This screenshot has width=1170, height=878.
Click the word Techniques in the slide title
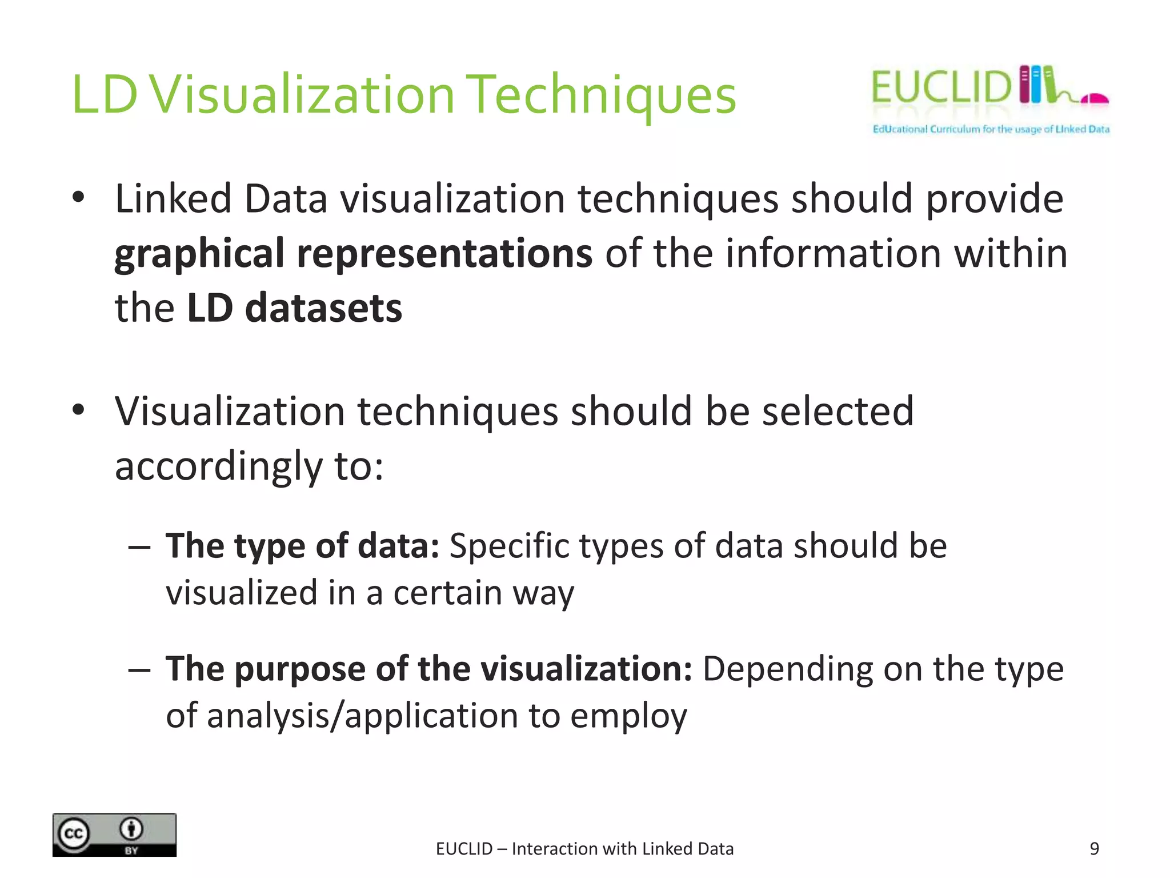click(x=603, y=95)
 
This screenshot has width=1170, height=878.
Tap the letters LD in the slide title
click(x=105, y=95)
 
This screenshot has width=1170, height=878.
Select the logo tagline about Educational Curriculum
click(x=991, y=129)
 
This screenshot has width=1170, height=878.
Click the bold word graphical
click(x=199, y=254)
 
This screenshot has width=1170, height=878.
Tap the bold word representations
click(x=444, y=254)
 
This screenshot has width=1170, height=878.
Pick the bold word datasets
click(x=323, y=308)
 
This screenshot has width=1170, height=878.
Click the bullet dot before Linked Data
click(x=79, y=198)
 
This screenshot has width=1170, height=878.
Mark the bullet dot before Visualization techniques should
click(x=79, y=410)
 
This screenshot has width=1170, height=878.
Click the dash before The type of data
click(x=139, y=547)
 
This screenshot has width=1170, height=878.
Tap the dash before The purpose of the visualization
click(x=139, y=669)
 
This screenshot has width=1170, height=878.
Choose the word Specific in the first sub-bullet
click(x=508, y=546)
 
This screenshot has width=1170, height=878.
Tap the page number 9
click(x=1094, y=849)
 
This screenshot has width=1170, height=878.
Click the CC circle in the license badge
click(x=74, y=834)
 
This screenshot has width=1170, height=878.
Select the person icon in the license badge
click(x=132, y=828)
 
